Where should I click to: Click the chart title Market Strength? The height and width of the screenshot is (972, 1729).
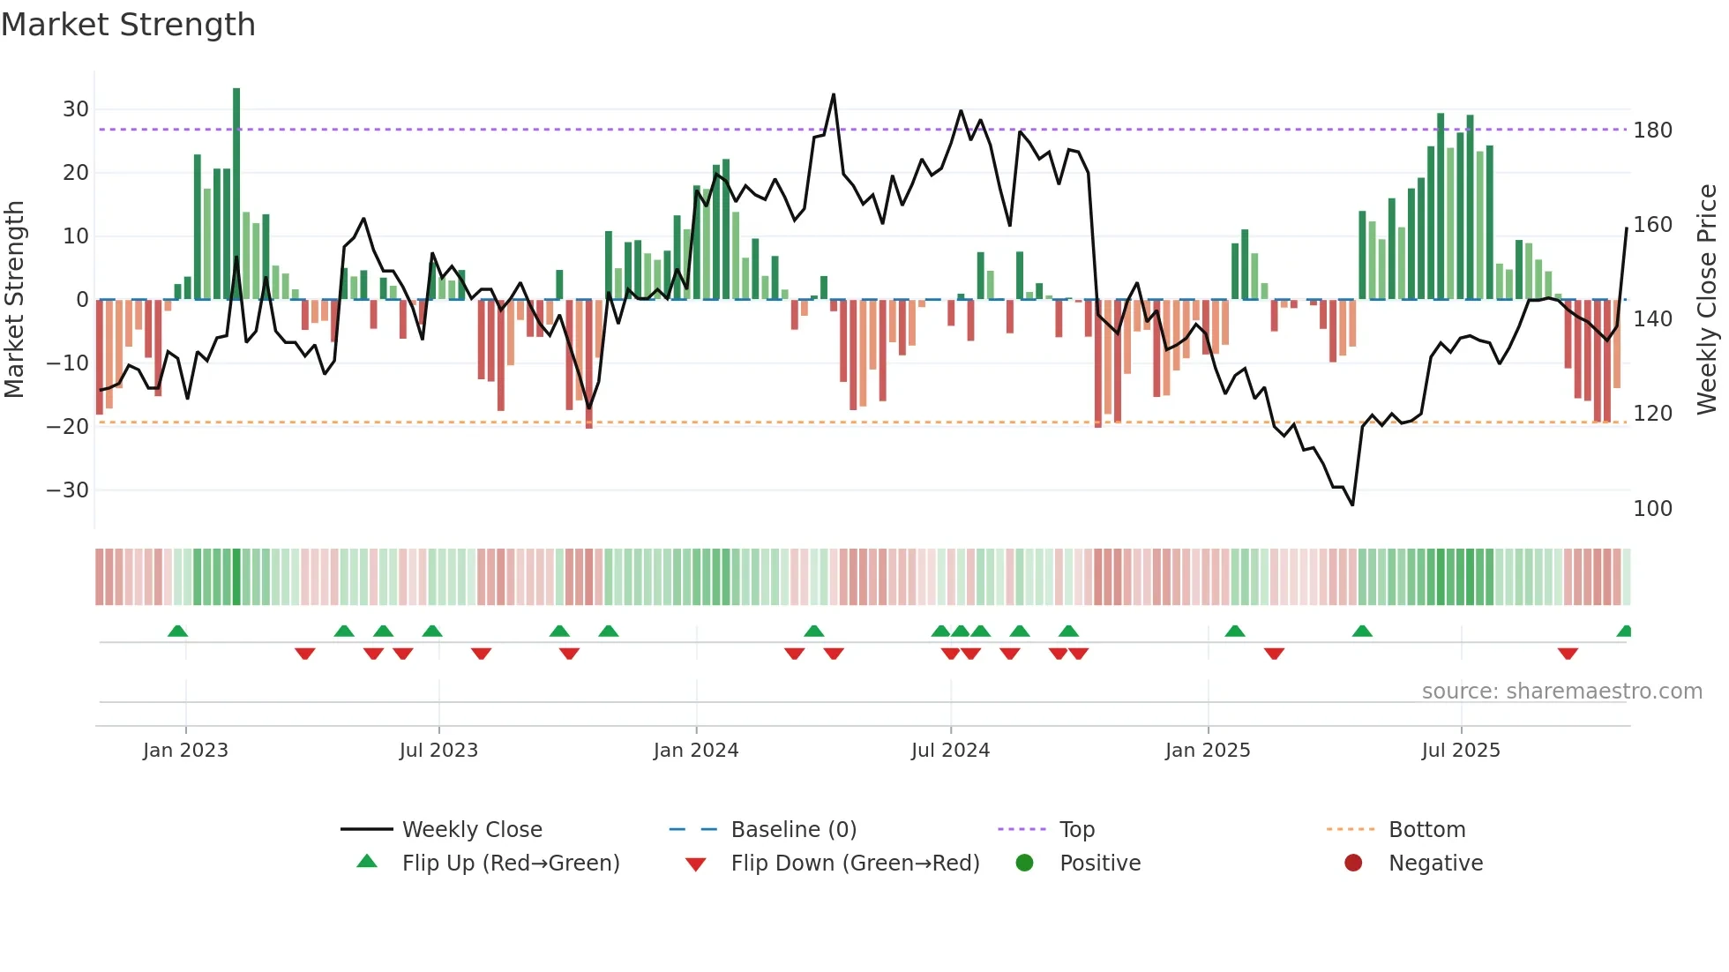128,25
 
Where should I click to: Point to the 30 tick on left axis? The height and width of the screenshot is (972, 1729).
76,109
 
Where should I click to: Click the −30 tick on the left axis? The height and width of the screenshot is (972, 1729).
68,490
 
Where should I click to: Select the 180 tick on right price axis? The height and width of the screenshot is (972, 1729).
1652,131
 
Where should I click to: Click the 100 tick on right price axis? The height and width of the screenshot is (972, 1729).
1652,509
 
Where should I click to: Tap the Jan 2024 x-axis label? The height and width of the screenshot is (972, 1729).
695,751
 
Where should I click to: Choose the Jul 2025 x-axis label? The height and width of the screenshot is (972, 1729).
1460,751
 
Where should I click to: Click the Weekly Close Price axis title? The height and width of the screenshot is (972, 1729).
1707,300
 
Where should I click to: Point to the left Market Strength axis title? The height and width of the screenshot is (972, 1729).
14,300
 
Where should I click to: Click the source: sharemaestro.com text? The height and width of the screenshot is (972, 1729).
1561,692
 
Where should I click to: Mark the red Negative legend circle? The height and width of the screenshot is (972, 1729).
1353,864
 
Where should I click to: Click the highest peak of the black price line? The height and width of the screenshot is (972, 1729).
834,95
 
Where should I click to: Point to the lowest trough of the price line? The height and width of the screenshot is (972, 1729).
1352,505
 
